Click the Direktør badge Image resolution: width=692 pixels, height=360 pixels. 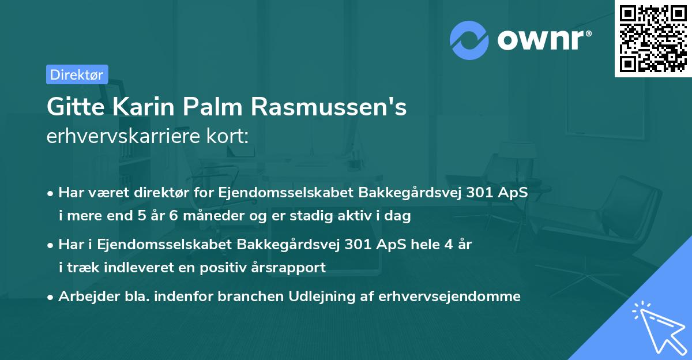(77, 74)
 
